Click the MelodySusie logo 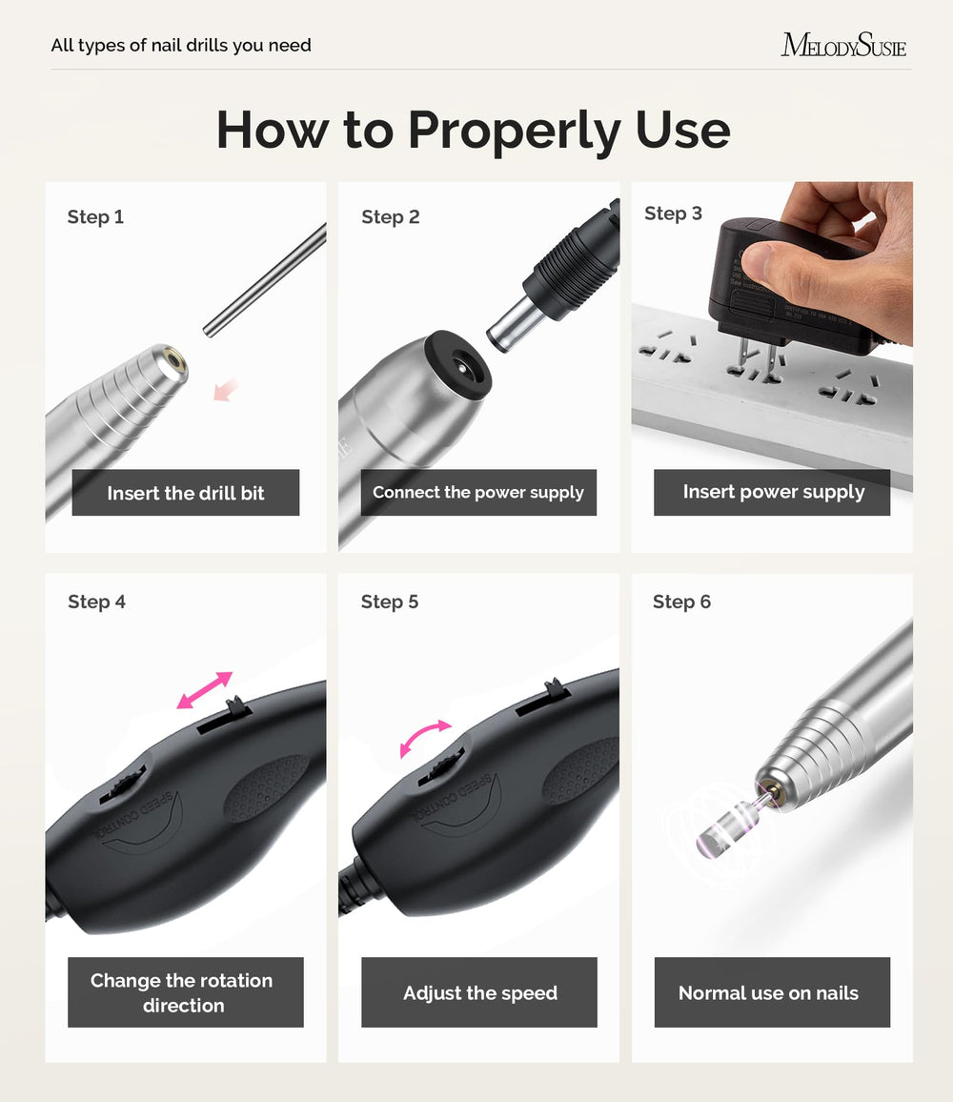coord(843,45)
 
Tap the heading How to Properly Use coord(473,130)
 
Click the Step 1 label coord(95,216)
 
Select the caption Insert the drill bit coord(186,493)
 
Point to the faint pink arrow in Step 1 coord(226,389)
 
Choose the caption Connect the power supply coord(477,492)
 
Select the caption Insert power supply coord(773,491)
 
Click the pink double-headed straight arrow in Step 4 coord(205,689)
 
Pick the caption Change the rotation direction coord(182,992)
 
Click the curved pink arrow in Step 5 coord(424,737)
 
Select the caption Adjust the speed coord(480,993)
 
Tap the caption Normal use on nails coord(768,993)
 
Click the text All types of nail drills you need coord(181,45)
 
